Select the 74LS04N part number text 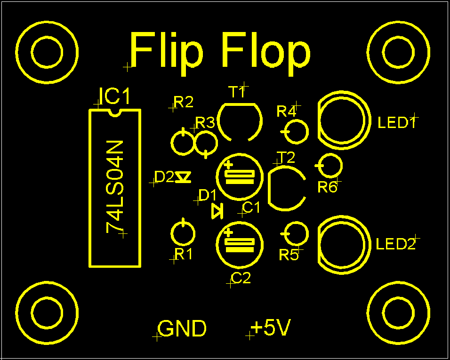[x=115, y=187]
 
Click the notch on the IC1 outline [x=115, y=113]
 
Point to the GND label [x=182, y=328]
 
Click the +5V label [x=271, y=328]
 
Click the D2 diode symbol [x=183, y=177]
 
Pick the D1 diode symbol [x=217, y=211]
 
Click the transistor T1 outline [x=240, y=104]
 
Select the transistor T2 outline [x=269, y=188]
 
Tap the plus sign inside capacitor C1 [x=228, y=165]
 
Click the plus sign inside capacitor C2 [x=228, y=233]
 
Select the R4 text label [x=286, y=112]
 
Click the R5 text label [x=289, y=255]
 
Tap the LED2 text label [x=396, y=244]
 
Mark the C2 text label [x=241, y=278]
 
